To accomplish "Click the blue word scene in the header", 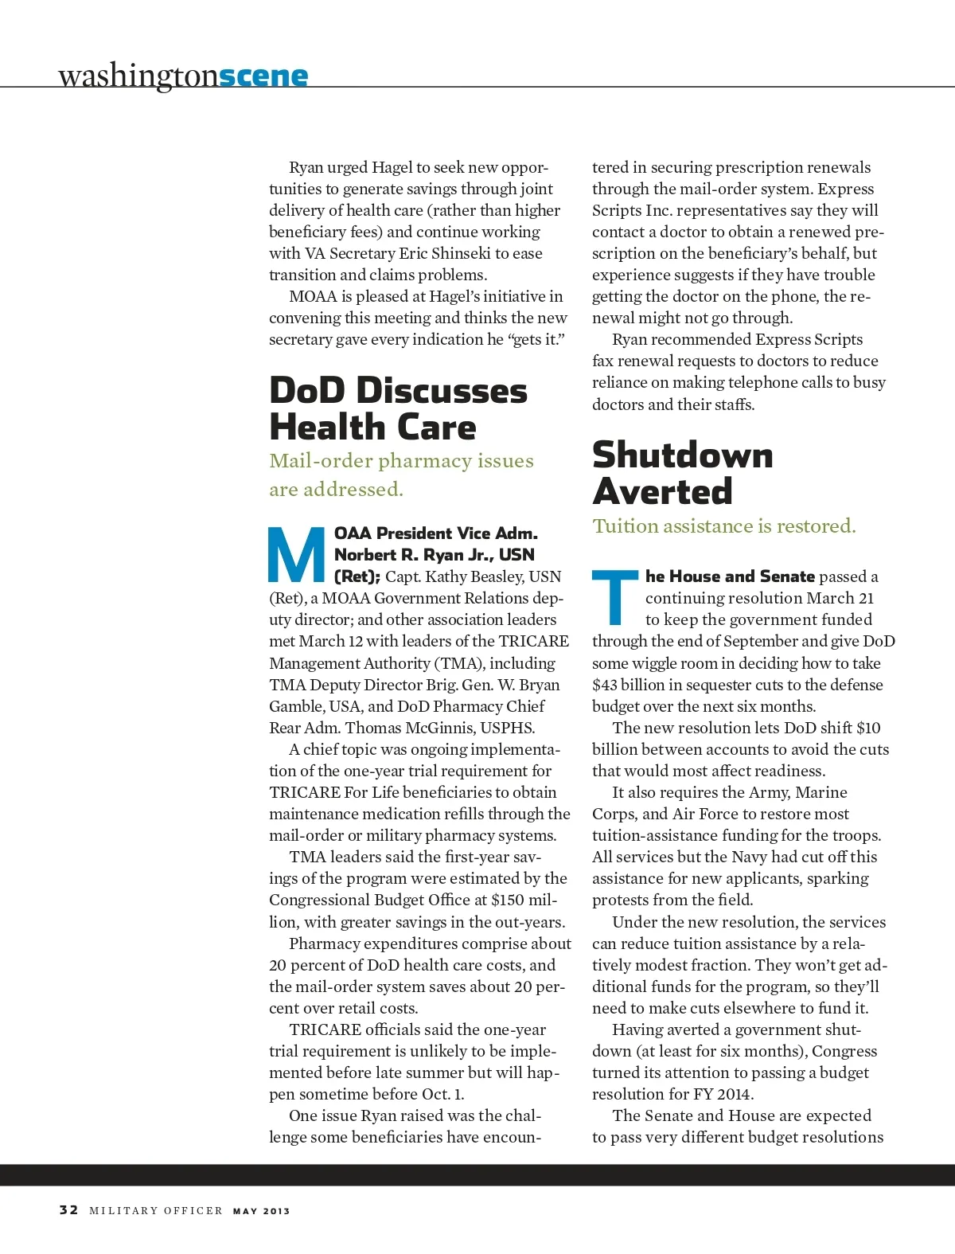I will coord(263,76).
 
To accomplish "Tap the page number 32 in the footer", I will coord(68,1209).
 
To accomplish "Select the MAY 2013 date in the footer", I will coord(261,1211).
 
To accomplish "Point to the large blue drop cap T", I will coord(615,597).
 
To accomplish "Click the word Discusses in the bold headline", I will coord(442,391).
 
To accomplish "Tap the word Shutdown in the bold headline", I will coord(683,455).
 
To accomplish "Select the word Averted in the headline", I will coord(662,491).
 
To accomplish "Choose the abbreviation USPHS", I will coord(508,728).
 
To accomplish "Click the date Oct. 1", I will coord(442,1094).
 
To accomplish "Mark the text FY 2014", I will coord(724,1094).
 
